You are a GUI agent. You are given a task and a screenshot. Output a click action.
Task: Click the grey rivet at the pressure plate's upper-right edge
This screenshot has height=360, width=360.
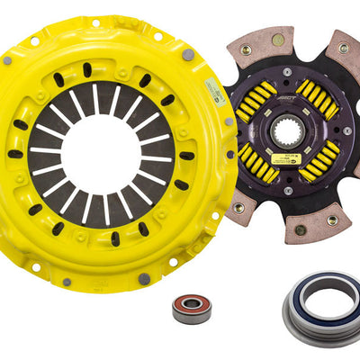tap(186, 54)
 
